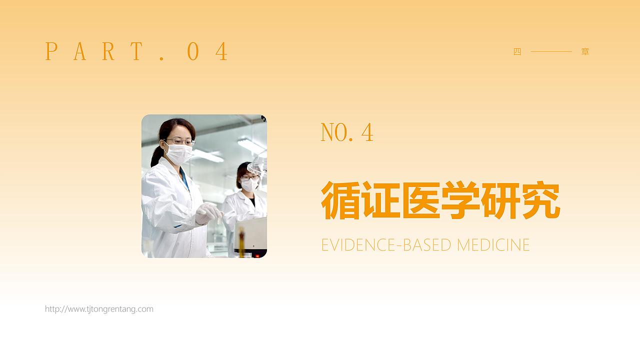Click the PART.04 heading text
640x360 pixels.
pos(136,51)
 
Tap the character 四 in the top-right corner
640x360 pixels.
pos(517,51)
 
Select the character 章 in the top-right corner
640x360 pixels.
pos(585,51)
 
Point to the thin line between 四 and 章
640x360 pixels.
pos(551,51)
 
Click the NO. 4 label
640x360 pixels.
pos(347,132)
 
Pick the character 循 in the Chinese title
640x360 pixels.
pos(340,200)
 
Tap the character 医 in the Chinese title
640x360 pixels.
pos(420,200)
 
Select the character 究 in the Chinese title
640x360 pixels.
pos(540,200)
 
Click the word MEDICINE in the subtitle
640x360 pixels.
pos(493,245)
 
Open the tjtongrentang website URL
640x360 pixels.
pos(99,309)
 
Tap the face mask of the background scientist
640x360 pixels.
pos(249,185)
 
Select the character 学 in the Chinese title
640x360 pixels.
pos(460,200)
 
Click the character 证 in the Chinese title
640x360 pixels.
pos(380,200)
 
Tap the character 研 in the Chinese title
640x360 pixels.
pos(500,200)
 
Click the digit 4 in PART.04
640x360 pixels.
pos(221,51)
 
